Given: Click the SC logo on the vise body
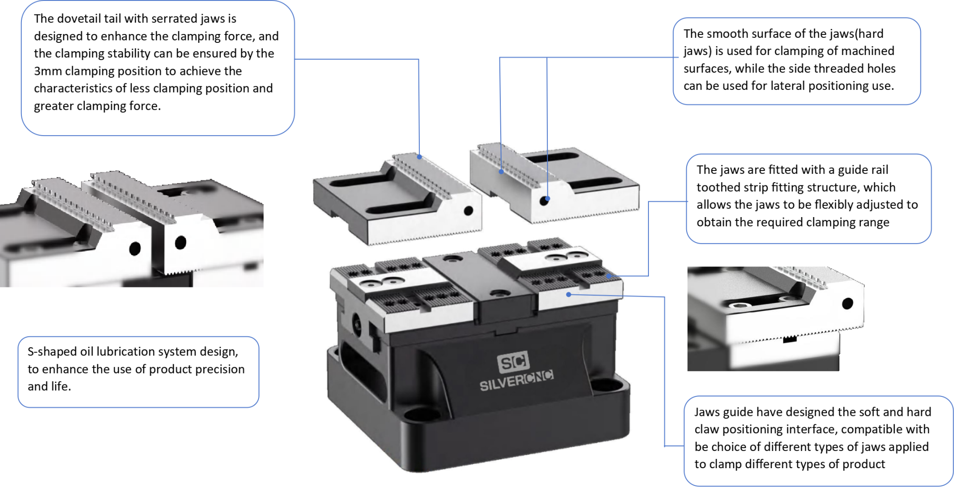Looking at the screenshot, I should (513, 362).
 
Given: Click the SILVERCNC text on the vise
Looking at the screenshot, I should (516, 381).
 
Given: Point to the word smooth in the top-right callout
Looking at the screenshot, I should (728, 34).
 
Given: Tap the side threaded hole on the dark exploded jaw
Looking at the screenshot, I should (469, 211).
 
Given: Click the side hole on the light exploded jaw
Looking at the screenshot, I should (544, 201).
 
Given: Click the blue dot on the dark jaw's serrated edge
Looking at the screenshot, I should (419, 157).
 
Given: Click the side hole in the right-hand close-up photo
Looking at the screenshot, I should (847, 304).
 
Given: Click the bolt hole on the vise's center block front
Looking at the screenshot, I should (500, 293).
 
